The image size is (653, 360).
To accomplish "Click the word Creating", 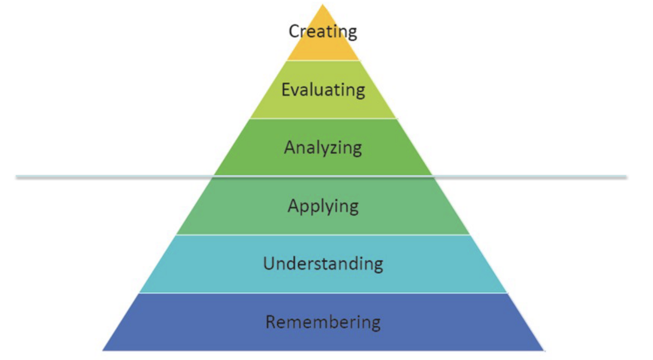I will [323, 31].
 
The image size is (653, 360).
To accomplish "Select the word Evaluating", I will [323, 90].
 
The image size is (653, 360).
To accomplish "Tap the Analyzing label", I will [323, 147].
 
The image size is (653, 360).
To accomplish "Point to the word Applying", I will [323, 206].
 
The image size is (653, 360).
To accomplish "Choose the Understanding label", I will [323, 264].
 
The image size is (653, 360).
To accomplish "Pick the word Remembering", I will [323, 322].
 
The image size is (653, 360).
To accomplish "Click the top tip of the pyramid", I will [323, 5].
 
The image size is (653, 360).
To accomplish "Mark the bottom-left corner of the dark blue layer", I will [103, 350].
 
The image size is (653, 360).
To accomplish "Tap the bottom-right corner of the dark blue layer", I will [543, 350].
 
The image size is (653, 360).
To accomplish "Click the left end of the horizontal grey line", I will [17, 176].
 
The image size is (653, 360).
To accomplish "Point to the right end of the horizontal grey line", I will [626, 176].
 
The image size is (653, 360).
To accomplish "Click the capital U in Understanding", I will [269, 264].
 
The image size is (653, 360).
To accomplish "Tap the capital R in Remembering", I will [271, 322].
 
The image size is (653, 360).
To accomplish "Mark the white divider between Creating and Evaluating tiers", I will [323, 60].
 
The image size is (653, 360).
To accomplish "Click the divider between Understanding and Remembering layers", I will [323, 293].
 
